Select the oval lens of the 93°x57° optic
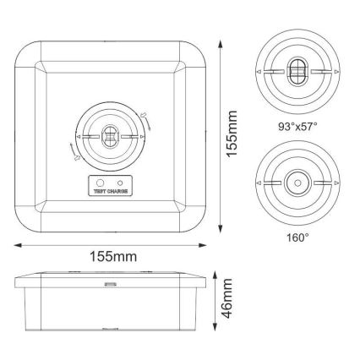click(x=297, y=72)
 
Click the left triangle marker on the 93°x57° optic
click(x=258, y=73)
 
